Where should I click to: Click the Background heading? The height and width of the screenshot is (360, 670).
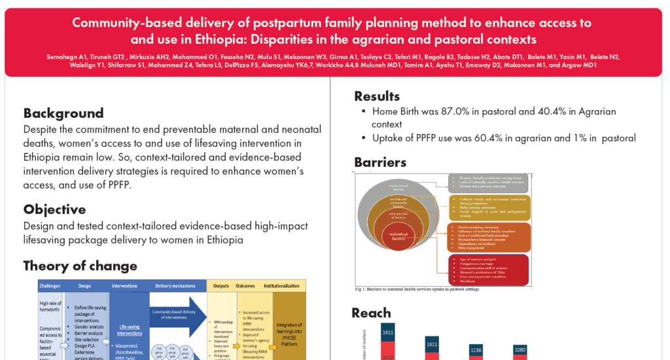pos(63,113)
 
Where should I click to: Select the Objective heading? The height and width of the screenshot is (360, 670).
pos(55,209)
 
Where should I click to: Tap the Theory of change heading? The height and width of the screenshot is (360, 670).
pos(80,266)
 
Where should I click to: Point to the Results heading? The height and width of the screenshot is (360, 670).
pos(377,96)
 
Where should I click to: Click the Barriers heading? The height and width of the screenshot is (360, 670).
pos(380,162)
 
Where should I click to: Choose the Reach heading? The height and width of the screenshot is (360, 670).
pos(371,313)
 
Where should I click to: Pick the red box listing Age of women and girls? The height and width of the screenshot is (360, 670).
pos(488,269)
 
